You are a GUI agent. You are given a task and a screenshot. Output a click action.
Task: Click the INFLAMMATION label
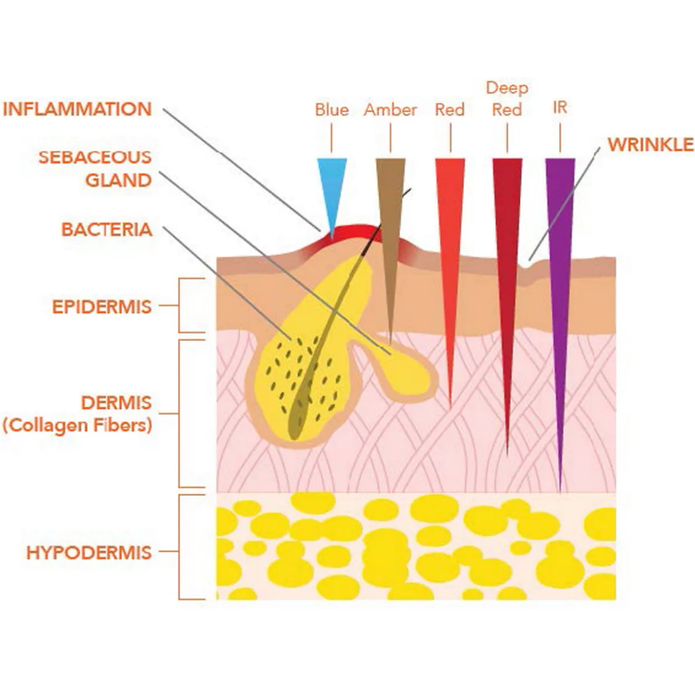pos(77,109)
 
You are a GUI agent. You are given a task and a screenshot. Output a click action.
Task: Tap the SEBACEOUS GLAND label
pos(95,168)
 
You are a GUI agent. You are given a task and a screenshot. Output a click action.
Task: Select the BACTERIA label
pos(106,229)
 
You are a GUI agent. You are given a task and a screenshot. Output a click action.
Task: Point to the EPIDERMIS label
pos(101,307)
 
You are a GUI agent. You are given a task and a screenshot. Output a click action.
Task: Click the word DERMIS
pos(116,402)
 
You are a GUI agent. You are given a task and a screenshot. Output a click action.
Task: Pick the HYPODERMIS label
pos(89,552)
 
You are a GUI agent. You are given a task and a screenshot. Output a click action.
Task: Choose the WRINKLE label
pos(650,144)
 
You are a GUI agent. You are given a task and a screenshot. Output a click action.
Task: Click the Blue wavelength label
pos(331,109)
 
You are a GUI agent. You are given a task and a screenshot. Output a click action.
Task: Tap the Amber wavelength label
pos(390,109)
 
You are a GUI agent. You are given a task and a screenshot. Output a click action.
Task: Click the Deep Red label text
pos(507,99)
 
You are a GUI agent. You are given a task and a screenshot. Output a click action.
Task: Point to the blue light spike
pos(332,185)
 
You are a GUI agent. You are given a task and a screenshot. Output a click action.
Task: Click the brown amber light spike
pos(390,224)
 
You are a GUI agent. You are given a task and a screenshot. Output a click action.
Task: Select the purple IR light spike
pos(560,280)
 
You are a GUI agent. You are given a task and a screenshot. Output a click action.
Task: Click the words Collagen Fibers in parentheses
pos(77,425)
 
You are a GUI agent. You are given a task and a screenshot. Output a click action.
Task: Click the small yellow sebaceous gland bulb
pos(406,373)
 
